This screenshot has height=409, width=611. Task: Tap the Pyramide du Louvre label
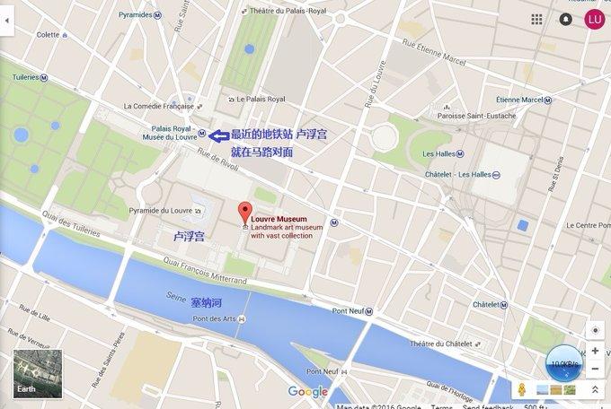pyautogui.click(x=161, y=212)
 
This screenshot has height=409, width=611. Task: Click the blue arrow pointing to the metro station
pyautogui.click(x=217, y=135)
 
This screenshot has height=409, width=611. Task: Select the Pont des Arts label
pyautogui.click(x=214, y=319)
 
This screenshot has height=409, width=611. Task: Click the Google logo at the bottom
pyautogui.click(x=307, y=391)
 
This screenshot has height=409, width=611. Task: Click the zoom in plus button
pyautogui.click(x=594, y=351)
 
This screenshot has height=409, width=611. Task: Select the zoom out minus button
pyautogui.click(x=594, y=369)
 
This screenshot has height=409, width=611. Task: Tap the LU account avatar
pyautogui.click(x=593, y=19)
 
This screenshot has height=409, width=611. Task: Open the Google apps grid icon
pyautogui.click(x=536, y=19)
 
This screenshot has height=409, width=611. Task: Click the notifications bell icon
pyautogui.click(x=565, y=19)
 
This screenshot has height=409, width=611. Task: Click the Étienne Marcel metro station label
pyautogui.click(x=520, y=99)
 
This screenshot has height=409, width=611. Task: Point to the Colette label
pyautogui.click(x=48, y=34)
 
